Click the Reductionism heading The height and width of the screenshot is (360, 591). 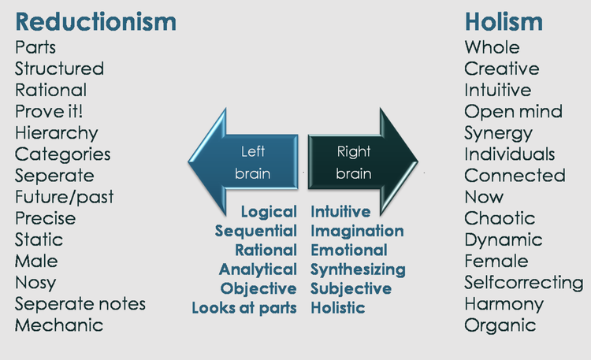(95, 21)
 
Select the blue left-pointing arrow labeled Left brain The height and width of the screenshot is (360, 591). (244, 162)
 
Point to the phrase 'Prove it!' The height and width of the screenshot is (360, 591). (49, 111)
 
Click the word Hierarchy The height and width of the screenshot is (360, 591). (57, 132)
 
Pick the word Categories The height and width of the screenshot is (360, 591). (63, 154)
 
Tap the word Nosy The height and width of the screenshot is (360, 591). (36, 281)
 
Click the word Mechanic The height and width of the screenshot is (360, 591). (59, 324)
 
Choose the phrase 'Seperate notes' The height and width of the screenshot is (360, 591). (80, 302)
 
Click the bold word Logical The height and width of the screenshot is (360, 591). (269, 211)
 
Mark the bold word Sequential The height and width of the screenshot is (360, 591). (256, 230)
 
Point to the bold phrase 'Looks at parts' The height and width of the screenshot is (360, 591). (244, 307)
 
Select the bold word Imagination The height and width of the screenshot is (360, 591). (357, 230)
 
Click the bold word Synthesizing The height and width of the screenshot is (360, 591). (358, 269)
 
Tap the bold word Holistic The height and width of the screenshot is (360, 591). (338, 307)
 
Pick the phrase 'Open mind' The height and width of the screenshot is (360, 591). (514, 111)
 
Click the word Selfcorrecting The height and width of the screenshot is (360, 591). (524, 281)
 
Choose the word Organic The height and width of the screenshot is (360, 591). (500, 324)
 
